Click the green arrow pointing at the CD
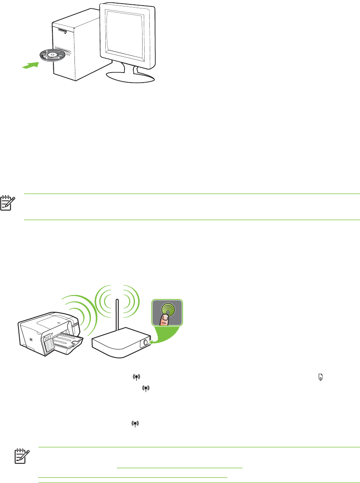tap(30, 65)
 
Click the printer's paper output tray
tap(68, 343)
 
